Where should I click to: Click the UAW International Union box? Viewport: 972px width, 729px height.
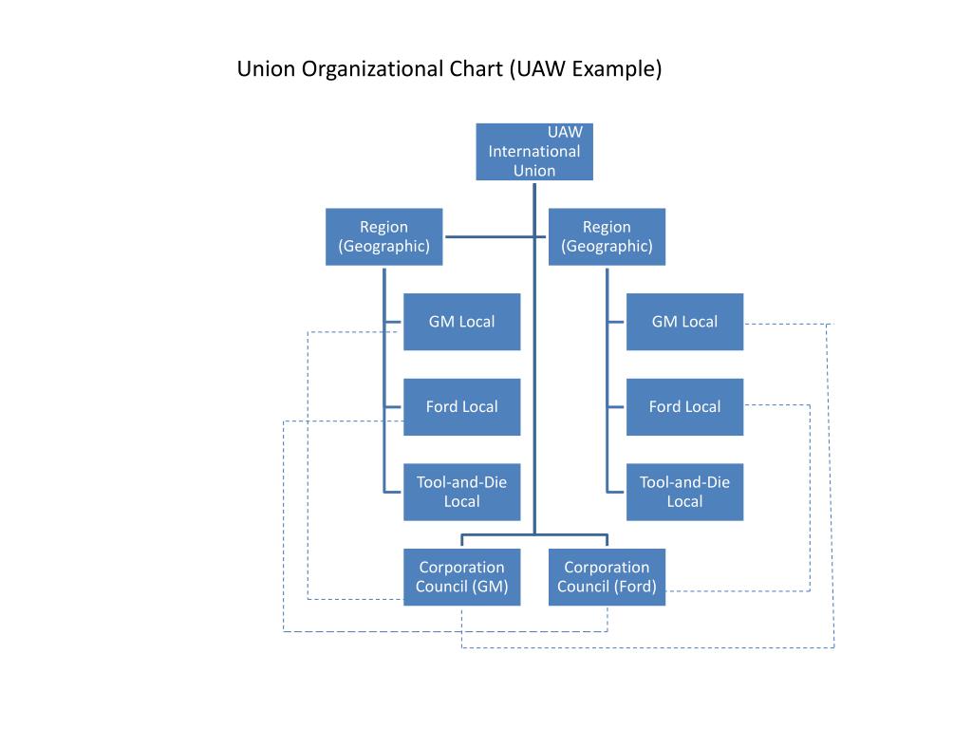pos(533,152)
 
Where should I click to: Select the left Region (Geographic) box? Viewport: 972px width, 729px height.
pos(383,236)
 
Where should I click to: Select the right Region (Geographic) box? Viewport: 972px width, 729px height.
pos(607,236)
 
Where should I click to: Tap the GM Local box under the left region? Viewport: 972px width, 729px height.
pos(461,322)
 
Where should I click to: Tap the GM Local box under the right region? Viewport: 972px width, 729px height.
pos(684,322)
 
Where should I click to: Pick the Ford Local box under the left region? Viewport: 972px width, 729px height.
pos(461,406)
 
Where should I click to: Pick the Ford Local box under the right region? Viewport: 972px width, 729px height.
pos(684,406)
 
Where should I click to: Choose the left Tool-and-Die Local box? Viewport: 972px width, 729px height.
pos(461,492)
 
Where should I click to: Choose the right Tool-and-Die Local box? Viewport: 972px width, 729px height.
pos(684,492)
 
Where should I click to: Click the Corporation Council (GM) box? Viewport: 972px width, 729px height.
pos(461,577)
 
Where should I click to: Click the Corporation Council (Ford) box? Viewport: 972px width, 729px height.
pos(607,577)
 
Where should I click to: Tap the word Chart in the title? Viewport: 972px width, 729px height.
pos(477,69)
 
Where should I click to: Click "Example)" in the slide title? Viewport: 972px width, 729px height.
pos(617,69)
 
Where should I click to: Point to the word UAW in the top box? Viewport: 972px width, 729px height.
pos(565,132)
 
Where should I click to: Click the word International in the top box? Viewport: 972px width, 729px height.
pos(534,151)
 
